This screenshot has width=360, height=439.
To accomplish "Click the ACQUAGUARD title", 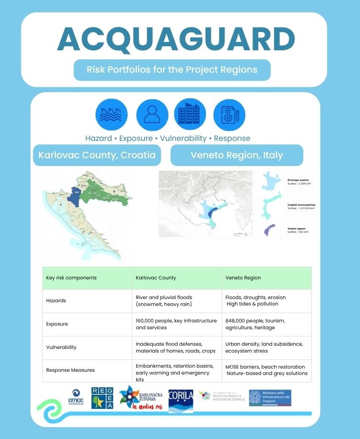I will point(176,40).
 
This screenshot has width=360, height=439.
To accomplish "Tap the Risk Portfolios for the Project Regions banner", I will point(172,70).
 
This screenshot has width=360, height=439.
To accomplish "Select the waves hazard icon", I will point(111,115).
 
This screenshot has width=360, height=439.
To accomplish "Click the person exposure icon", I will point(152,115).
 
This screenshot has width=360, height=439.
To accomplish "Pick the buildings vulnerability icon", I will point(190,115).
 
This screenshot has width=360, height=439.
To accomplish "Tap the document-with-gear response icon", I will point(229,115).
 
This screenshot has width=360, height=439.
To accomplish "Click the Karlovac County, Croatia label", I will point(97,155).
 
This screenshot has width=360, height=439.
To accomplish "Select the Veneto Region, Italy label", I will point(236,155).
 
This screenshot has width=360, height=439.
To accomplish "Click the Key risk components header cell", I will point(71,278).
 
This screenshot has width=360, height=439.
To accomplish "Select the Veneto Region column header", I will point(243,278).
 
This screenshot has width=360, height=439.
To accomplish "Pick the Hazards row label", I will point(56,300).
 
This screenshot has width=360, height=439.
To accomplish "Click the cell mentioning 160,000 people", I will point(176,324).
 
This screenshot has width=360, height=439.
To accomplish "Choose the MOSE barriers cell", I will point(265,370).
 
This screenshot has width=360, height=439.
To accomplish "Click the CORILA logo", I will point(181,398).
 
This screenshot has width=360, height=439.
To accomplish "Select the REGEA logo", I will point(102,398).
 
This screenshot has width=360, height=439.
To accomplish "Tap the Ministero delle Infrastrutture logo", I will point(270,398).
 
